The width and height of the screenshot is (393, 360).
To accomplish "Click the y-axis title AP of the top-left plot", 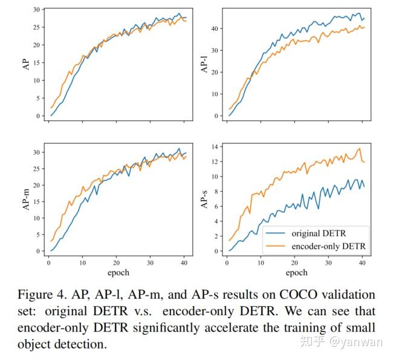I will click(25, 62).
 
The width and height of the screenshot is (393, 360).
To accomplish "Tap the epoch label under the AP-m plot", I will click(119, 272).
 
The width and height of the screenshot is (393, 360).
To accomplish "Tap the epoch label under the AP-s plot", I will click(296, 272).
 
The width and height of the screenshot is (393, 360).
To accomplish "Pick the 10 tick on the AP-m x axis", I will click(83, 263).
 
